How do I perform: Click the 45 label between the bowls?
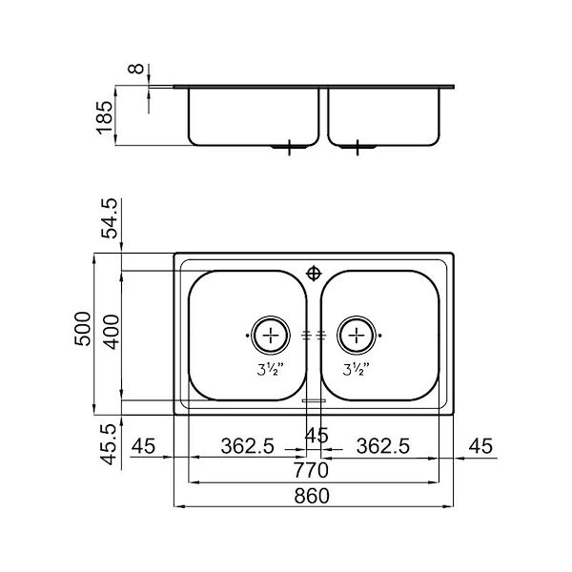[314, 436]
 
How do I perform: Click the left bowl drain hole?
[272, 335]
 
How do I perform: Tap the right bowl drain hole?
[357, 335]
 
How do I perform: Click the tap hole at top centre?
[314, 272]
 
